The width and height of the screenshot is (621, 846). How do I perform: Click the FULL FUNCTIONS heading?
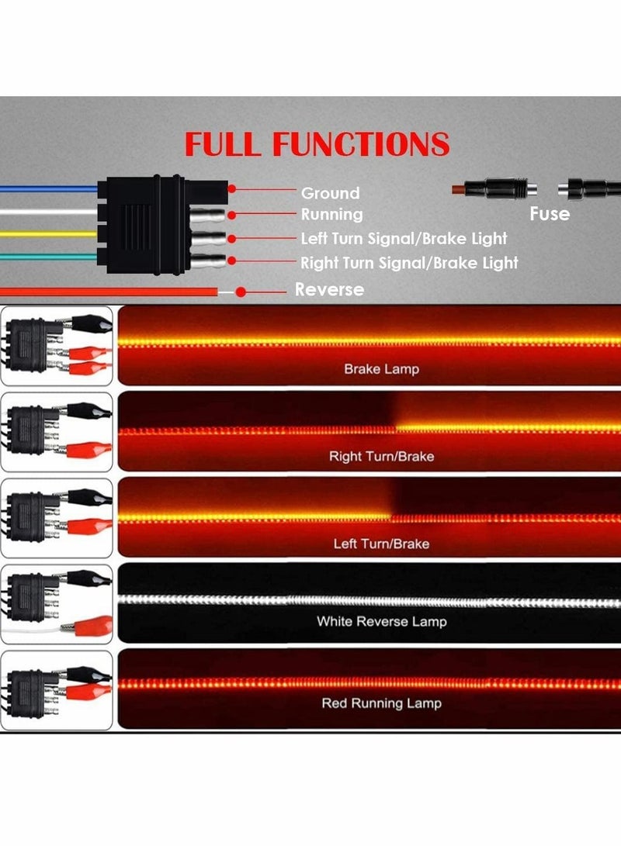(x=316, y=145)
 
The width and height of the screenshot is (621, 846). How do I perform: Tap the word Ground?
(x=330, y=193)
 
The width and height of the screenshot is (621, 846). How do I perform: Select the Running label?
(x=331, y=214)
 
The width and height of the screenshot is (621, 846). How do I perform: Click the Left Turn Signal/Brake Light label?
(x=404, y=238)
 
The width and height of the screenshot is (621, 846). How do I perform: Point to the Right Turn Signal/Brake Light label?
(x=409, y=263)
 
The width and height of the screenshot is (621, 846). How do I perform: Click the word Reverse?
(x=329, y=289)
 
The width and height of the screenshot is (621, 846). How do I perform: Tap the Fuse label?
(x=550, y=213)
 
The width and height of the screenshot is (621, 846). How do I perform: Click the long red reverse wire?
(x=109, y=292)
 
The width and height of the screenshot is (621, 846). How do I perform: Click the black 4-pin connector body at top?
(x=144, y=225)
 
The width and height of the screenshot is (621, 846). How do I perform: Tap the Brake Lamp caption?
(x=381, y=369)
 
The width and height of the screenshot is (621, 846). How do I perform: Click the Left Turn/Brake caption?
(x=381, y=544)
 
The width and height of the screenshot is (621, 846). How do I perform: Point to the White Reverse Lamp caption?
(x=381, y=621)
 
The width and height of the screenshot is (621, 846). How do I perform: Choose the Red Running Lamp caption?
(x=381, y=703)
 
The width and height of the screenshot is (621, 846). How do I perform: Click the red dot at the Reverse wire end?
(x=241, y=292)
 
